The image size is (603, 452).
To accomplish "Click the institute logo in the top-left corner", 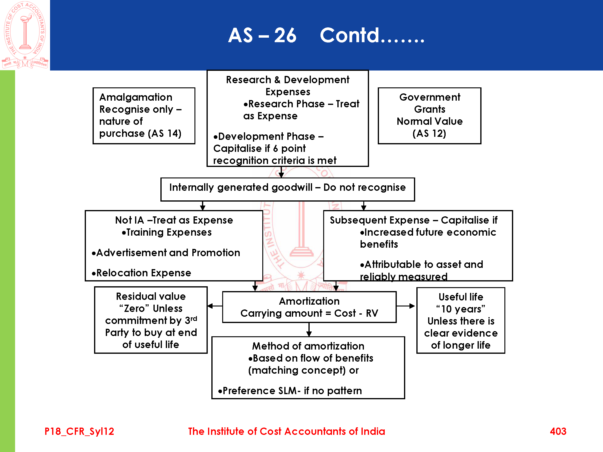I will (25, 35).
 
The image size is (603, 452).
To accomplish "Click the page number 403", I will (558, 431).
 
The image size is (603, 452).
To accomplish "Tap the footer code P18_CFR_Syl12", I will (79, 431).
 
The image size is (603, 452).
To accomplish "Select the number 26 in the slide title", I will (285, 35).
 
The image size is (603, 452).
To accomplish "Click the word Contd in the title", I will (349, 35).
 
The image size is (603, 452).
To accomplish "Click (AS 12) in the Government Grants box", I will (429, 133).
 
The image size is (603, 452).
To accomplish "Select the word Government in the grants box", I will (430, 97).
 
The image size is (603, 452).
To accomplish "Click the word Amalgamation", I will (136, 97).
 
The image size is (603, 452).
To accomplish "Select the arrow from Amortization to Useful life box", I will (406, 306).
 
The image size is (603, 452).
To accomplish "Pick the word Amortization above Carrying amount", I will (309, 301).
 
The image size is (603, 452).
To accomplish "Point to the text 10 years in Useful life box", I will (461, 309).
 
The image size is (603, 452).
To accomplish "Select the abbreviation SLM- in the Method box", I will (289, 391).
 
